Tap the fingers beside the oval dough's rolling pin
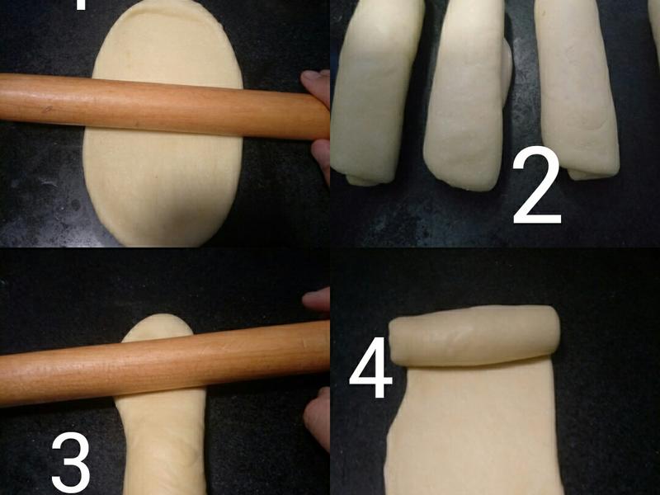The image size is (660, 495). point(317,115)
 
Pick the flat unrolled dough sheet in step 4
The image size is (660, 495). point(474,429)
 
